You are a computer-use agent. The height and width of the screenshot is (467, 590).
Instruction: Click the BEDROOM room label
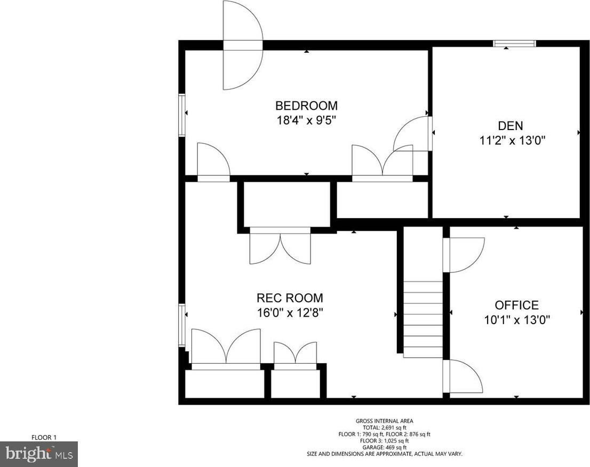[306, 105]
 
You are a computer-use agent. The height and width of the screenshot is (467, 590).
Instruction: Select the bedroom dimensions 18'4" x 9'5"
[306, 120]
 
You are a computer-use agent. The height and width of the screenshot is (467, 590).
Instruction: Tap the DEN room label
[511, 125]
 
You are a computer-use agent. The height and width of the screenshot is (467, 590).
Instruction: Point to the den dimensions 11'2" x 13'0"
[512, 141]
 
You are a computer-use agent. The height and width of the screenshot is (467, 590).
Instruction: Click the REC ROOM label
[290, 298]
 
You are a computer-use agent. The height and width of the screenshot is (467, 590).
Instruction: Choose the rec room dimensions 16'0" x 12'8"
[290, 313]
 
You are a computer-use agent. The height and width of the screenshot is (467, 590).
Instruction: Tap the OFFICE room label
[516, 305]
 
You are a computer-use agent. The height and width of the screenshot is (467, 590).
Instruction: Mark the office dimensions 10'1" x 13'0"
[517, 320]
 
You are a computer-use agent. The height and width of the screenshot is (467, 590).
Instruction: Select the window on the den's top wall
[515, 44]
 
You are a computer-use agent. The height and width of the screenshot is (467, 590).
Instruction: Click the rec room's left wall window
[182, 325]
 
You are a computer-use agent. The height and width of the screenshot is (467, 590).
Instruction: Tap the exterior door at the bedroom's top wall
[243, 45]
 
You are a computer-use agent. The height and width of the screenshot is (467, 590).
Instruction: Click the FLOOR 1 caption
[44, 437]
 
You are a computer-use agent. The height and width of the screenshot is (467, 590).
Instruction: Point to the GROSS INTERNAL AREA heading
[384, 421]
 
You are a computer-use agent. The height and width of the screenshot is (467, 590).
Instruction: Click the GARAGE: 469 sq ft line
[384, 447]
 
